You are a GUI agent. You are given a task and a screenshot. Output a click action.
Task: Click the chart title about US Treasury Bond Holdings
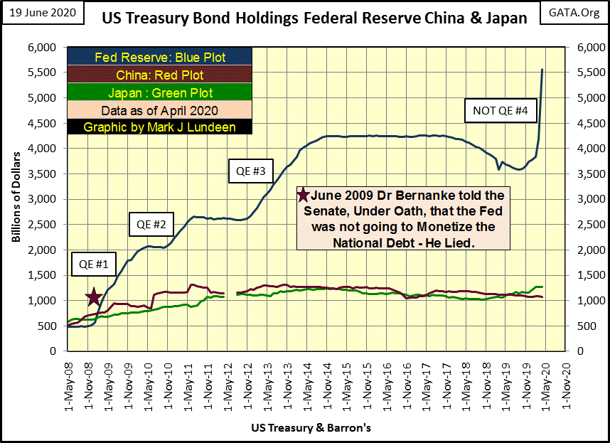(x=310, y=18)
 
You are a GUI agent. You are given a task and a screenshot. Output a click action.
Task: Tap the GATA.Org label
(x=574, y=14)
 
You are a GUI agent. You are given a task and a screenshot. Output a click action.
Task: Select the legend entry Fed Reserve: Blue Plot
(x=161, y=57)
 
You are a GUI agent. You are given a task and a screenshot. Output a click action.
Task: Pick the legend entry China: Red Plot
(x=161, y=75)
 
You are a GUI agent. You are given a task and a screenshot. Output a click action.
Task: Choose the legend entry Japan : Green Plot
(x=161, y=92)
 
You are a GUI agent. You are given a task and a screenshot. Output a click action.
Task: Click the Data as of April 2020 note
(x=161, y=110)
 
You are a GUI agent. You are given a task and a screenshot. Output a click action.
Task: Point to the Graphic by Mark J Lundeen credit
(x=161, y=127)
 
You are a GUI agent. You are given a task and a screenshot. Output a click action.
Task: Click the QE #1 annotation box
(x=92, y=264)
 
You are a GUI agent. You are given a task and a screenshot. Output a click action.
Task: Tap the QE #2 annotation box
(x=151, y=225)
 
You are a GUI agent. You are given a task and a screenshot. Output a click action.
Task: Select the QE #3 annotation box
(x=250, y=171)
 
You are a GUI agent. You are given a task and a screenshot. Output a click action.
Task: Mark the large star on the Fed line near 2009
(x=93, y=297)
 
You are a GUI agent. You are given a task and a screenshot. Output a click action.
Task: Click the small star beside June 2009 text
(x=303, y=195)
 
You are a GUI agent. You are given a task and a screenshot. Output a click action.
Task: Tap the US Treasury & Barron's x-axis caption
(x=311, y=428)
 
